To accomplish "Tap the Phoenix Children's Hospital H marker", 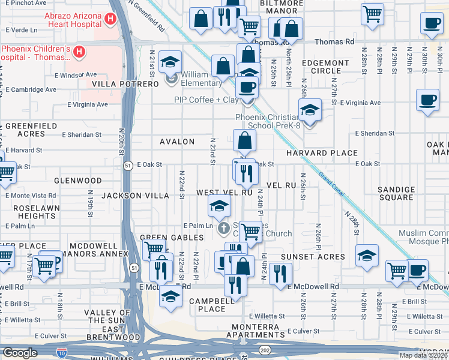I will (78, 53).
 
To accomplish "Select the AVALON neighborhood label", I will (177, 142).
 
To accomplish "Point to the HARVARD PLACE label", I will (321, 153).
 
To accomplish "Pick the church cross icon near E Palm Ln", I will (224, 227).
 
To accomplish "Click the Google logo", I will (20, 352).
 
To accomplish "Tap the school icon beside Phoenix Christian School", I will (310, 110).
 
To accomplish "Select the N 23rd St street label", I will (212, 151).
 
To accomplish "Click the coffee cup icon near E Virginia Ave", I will (427, 100).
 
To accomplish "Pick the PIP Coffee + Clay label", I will (206, 100).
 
